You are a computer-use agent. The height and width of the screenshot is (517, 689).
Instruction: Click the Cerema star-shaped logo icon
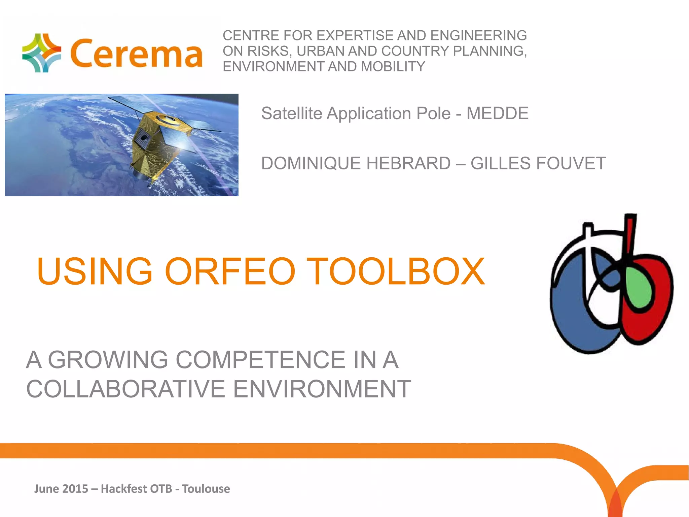coord(41,53)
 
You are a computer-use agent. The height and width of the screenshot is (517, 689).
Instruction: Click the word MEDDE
coord(497,113)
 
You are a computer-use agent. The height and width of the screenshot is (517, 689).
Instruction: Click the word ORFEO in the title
coord(230,271)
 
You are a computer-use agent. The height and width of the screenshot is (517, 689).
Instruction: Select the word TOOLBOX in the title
coord(395,271)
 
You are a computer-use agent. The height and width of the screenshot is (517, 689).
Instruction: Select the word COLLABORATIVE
coord(125,389)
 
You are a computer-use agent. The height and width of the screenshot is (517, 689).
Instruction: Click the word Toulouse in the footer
coord(206,489)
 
